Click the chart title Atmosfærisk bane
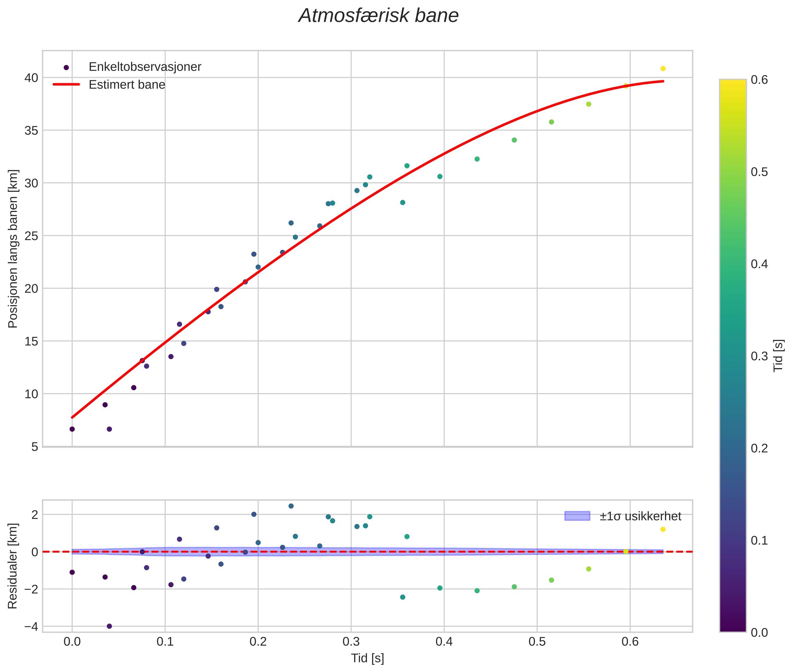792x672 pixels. (378, 16)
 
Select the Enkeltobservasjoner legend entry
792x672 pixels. (145, 67)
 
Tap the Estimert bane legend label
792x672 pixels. (127, 85)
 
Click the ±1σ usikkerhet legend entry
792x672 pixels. (640, 516)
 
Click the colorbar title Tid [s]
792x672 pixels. (779, 355)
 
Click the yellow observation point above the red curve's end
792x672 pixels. (663, 69)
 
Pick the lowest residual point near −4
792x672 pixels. (109, 626)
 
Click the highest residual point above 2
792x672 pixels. (291, 506)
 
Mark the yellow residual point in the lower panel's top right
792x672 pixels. (663, 529)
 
